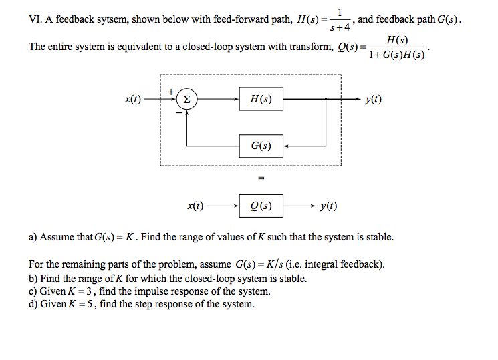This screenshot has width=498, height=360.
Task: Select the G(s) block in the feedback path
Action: tap(261, 144)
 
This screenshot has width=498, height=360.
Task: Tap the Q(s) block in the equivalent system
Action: tap(261, 206)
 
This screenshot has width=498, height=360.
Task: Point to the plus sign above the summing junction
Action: tap(171, 91)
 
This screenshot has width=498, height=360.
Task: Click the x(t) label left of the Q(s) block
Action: tap(195, 206)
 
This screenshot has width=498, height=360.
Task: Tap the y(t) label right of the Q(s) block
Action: tap(328, 206)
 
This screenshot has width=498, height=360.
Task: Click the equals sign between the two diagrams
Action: tap(261, 178)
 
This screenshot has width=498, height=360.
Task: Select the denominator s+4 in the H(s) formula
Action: tap(342, 27)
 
